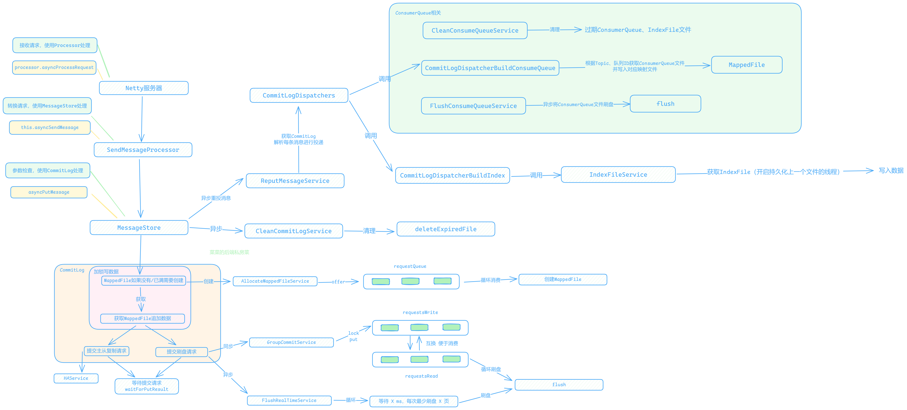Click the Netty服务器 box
(x=144, y=88)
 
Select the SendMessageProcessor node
(x=143, y=150)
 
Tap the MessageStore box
(x=139, y=228)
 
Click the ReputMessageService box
(x=295, y=181)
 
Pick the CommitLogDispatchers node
(x=299, y=95)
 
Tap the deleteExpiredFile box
(x=446, y=229)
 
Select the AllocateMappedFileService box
(x=275, y=281)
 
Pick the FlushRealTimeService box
(x=289, y=401)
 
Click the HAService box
(x=76, y=378)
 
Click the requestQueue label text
(x=410, y=266)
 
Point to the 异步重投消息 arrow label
(x=216, y=198)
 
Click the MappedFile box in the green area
(x=746, y=65)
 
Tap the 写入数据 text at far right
(x=891, y=170)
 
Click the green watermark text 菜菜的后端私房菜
(x=229, y=252)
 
